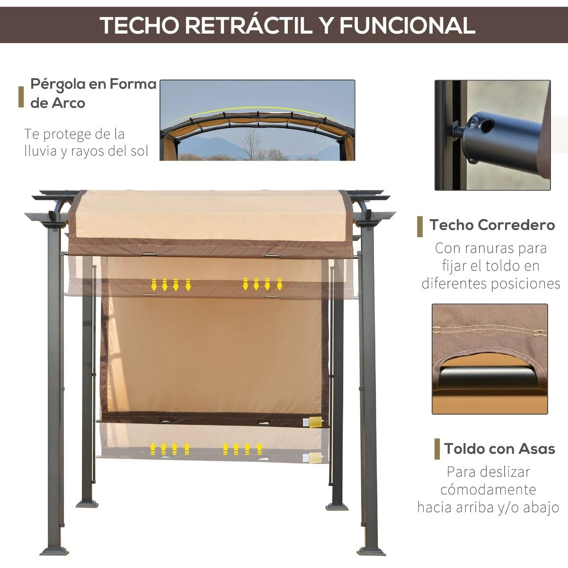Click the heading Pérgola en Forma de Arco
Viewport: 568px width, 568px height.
pos(93,93)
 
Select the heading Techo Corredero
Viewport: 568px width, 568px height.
pos(492,225)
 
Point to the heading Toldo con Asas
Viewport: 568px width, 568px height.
pos(499,448)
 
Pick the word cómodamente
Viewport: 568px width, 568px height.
pos(488,489)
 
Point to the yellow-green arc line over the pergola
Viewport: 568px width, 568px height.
pos(258,110)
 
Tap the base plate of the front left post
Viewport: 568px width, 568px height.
pos(53,551)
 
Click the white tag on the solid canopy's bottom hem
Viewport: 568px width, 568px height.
pos(315,421)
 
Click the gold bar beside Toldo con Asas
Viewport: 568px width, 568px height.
pos(437,449)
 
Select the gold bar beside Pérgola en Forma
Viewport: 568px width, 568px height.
pos(21,97)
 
